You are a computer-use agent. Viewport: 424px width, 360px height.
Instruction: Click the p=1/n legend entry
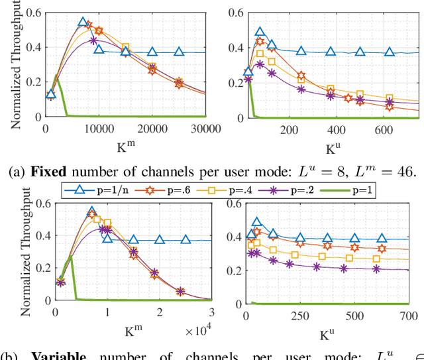coord(99,191)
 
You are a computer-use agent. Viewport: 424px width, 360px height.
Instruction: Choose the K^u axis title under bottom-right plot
coord(329,329)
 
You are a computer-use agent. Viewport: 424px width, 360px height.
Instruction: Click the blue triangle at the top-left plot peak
coord(83,23)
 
